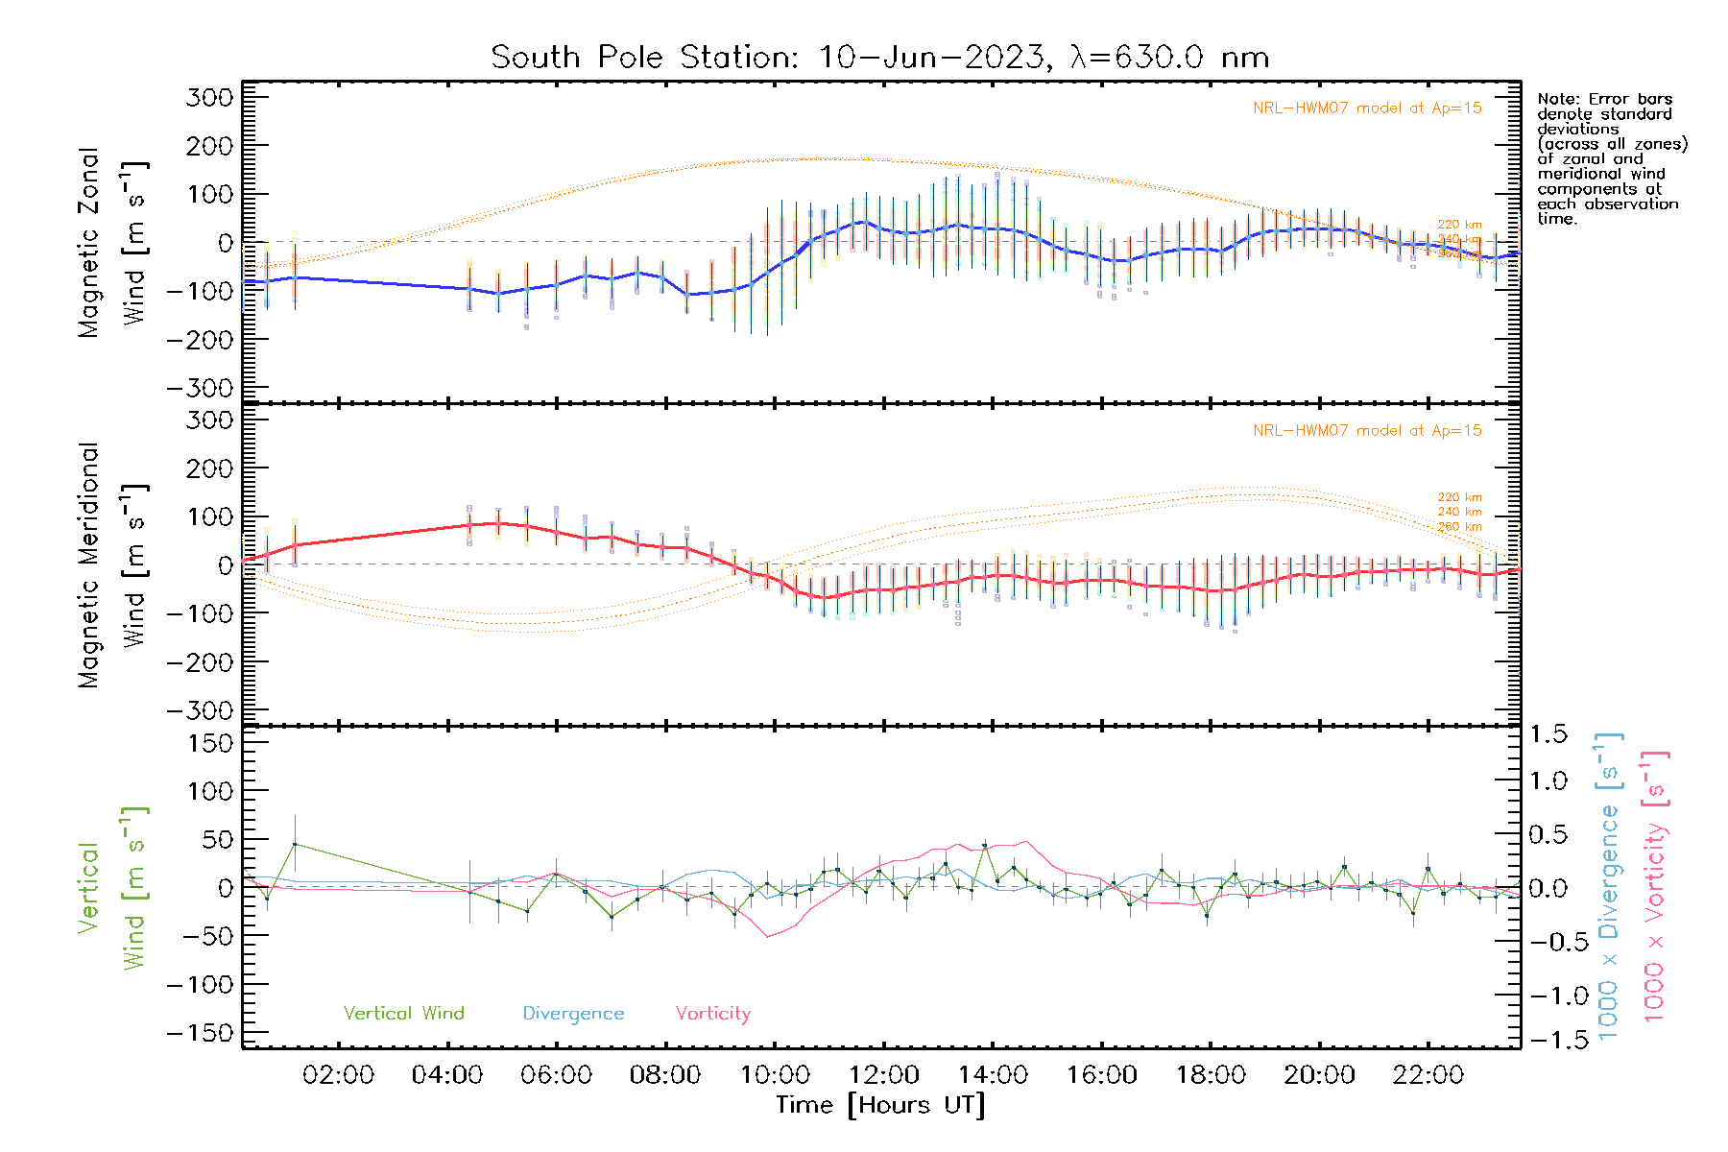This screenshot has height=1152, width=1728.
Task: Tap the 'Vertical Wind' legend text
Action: coord(403,1013)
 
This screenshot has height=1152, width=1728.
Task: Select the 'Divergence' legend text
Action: coord(573,1013)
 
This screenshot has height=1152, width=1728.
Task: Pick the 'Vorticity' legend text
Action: coord(712,1013)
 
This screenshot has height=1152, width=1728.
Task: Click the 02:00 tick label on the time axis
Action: coord(338,1075)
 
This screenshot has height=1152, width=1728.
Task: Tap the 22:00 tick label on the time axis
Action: coord(1428,1075)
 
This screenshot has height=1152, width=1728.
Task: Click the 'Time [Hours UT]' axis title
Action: coord(880,1105)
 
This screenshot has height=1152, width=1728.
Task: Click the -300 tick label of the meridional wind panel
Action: coord(201,710)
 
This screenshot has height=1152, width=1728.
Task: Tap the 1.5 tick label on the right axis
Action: coord(1548,734)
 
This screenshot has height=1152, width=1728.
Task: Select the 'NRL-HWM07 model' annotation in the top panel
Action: coord(1367,108)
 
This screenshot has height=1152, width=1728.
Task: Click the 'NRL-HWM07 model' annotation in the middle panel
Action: coord(1367,431)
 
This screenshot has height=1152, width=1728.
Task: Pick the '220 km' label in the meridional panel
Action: coord(1459,497)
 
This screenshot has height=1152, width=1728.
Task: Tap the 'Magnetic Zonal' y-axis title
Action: coord(89,243)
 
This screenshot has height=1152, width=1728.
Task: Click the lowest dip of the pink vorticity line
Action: coord(767,936)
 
